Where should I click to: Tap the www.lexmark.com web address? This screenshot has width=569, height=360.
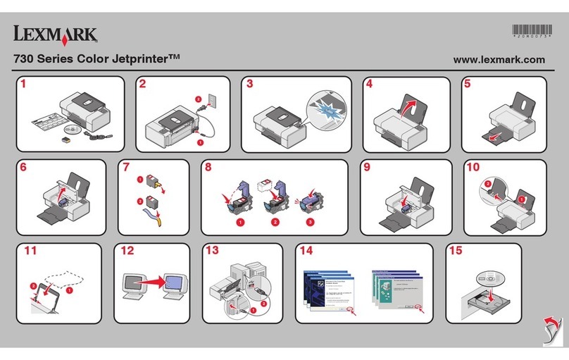[x=499, y=60]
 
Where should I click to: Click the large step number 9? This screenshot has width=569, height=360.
[x=367, y=168]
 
